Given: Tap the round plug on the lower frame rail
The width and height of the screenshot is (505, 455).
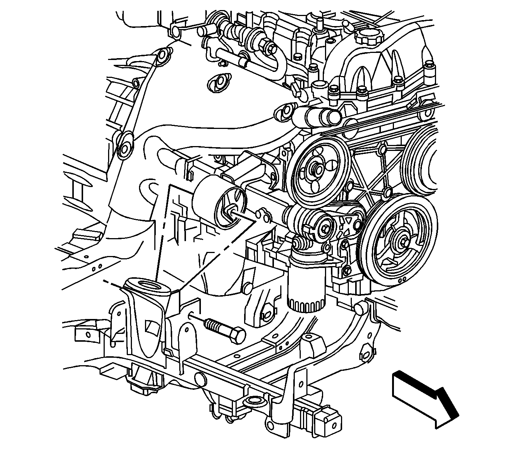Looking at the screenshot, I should [x=200, y=378].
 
